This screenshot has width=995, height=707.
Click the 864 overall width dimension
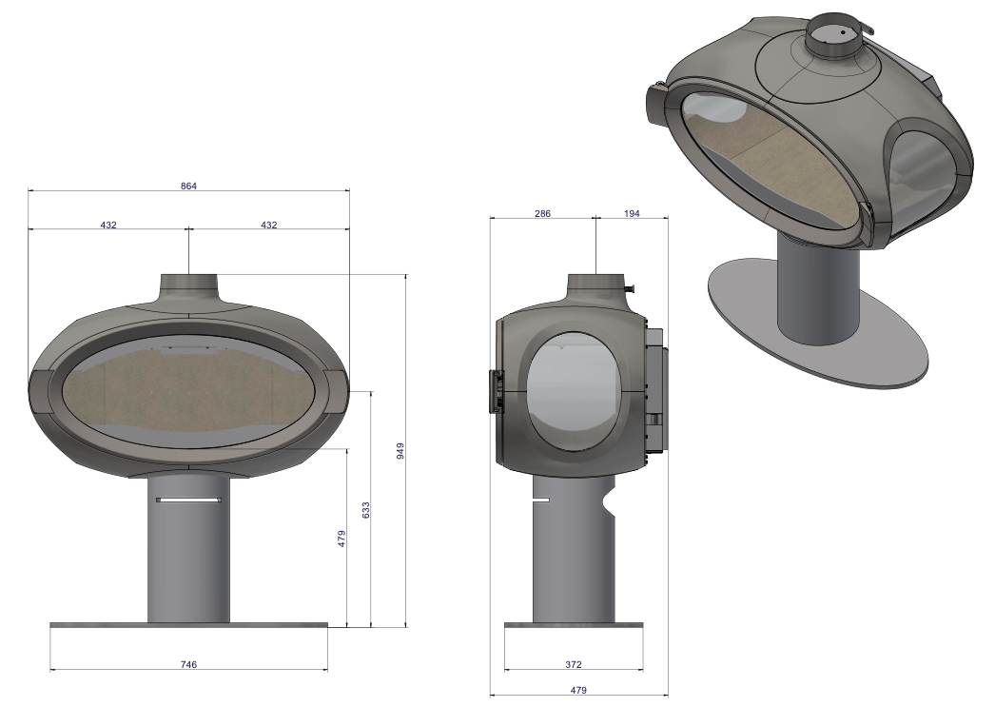pos(188,186)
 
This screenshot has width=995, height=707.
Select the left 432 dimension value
pos(108,225)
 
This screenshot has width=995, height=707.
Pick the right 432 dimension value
pos(269,225)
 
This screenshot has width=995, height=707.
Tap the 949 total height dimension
pos(400,451)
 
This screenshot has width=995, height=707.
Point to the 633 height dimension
pos(365,510)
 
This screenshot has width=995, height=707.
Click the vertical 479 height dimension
pos(341,539)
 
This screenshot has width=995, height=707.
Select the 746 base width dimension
pos(188,664)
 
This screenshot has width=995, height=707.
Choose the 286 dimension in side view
pos(542,214)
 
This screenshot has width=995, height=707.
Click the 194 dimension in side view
pos(632,214)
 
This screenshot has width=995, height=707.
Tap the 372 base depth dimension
pos(573,664)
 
